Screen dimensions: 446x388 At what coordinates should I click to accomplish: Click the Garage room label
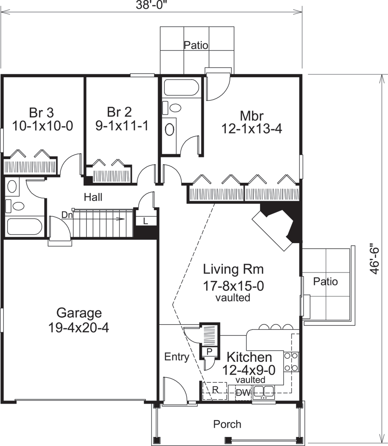[79, 312]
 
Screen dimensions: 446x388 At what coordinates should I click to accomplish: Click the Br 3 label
[42, 111]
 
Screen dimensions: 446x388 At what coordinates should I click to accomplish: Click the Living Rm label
[233, 269]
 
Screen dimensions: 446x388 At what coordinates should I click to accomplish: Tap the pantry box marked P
[210, 351]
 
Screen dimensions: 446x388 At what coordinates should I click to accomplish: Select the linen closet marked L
[146, 220]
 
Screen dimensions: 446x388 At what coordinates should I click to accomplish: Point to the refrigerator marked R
[214, 389]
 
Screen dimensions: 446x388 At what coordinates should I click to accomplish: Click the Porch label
[227, 424]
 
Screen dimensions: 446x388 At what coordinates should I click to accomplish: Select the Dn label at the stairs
[67, 215]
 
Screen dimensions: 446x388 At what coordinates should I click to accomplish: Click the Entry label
[177, 357]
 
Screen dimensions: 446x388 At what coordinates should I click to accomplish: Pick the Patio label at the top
[196, 45]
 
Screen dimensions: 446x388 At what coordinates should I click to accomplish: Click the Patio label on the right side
[325, 282]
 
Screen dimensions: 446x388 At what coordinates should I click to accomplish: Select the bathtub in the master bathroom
[180, 88]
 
